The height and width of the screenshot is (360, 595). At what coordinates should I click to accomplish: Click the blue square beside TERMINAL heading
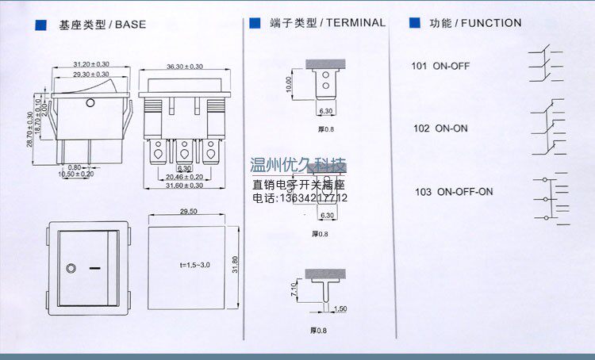255,24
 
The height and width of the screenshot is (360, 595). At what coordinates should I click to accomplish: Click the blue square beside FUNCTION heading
414,24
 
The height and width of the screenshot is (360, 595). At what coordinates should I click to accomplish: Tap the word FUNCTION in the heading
491,24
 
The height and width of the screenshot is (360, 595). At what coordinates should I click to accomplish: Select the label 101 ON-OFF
440,67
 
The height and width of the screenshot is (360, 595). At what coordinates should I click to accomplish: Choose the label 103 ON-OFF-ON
453,192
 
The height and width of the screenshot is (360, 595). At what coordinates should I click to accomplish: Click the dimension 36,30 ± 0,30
184,67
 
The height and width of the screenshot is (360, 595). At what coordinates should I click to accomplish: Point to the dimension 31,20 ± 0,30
90,63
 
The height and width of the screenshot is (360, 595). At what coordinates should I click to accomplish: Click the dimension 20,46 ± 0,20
184,178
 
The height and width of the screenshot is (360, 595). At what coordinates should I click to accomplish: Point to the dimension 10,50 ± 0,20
76,173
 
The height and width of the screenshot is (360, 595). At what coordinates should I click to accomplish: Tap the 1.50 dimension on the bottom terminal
341,308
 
